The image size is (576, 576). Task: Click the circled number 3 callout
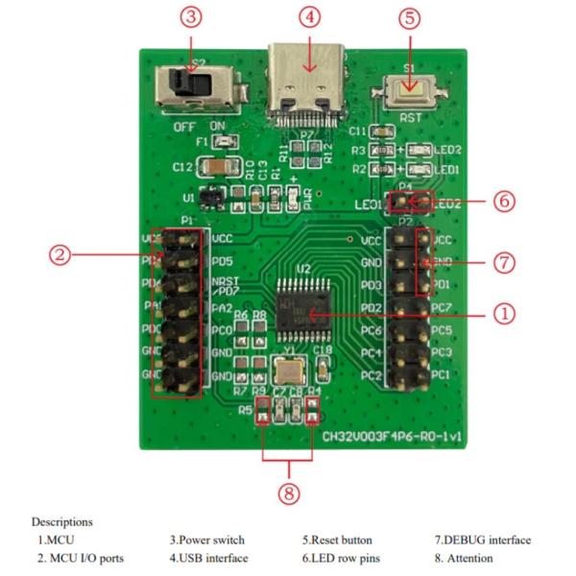click(192, 17)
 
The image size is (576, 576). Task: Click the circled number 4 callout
click(308, 17)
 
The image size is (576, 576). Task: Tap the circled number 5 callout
click(410, 17)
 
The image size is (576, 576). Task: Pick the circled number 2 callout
click(60, 254)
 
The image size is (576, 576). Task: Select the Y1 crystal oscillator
click(289, 373)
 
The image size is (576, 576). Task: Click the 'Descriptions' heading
click(62, 521)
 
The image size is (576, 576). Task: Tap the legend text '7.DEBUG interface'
click(482, 540)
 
